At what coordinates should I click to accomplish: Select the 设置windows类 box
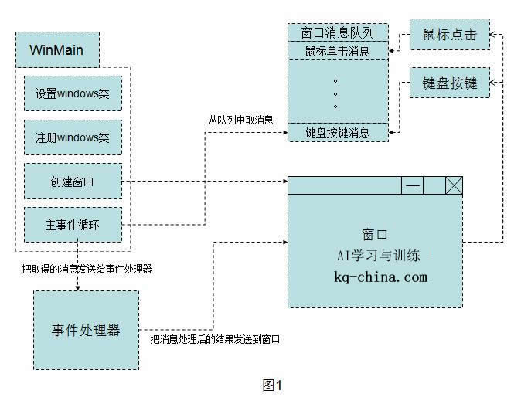click(73, 93)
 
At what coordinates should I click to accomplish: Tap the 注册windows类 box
click(73, 137)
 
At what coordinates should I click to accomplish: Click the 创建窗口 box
click(73, 182)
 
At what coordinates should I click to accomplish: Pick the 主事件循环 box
click(73, 226)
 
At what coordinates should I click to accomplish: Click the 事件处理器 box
click(86, 331)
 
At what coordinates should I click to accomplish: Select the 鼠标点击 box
click(450, 35)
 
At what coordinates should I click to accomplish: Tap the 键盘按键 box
click(450, 83)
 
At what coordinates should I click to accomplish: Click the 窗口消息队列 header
click(337, 32)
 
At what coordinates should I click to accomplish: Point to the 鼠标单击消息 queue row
click(337, 51)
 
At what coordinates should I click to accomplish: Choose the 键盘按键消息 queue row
click(337, 133)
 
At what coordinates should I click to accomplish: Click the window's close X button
click(454, 185)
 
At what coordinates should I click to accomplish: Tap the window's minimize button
click(413, 185)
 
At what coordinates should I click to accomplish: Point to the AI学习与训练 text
click(375, 255)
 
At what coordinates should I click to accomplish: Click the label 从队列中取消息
click(240, 120)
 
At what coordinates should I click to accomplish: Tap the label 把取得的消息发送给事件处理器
click(86, 269)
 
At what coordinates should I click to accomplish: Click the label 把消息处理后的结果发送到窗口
click(214, 340)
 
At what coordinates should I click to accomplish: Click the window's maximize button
click(434, 185)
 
